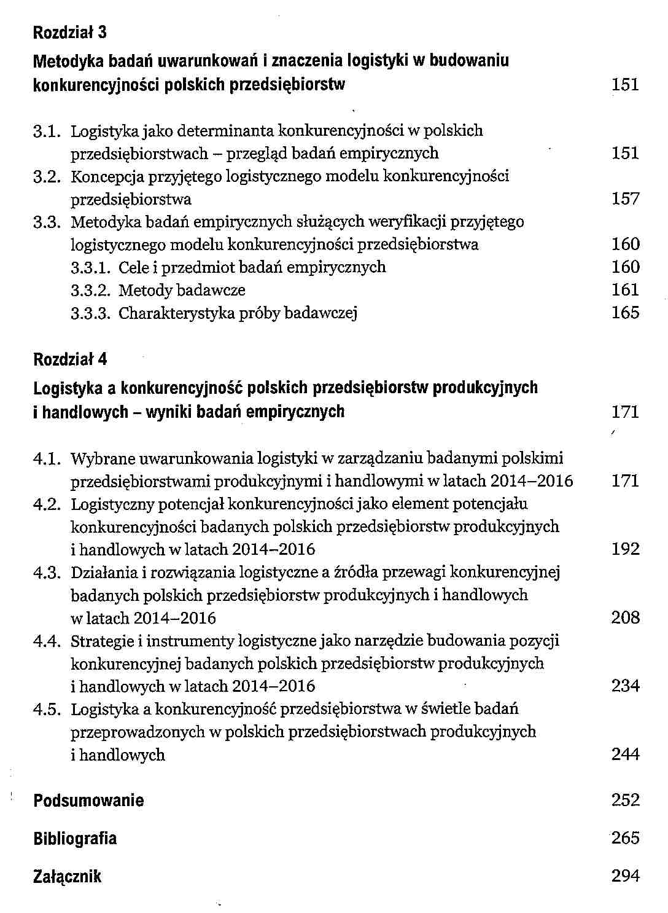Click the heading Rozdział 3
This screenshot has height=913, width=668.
pos(69,32)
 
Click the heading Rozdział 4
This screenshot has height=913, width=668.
pos(69,359)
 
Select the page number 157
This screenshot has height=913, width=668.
pos(625,198)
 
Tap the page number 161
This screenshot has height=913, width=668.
pos(625,289)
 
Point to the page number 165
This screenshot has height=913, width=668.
pos(625,312)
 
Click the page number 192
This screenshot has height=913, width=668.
pos(625,549)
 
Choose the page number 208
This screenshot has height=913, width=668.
pos(625,617)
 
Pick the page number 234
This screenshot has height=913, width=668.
pos(625,685)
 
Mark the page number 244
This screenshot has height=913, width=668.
pos(625,754)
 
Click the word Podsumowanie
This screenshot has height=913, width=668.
pos(88,801)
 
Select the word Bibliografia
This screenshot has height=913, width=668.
pos(74,839)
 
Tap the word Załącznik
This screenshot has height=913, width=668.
pos(67,877)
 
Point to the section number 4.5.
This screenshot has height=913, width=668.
pos(47,710)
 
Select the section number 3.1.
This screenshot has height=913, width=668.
pos(47,131)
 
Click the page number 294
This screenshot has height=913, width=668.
pos(625,876)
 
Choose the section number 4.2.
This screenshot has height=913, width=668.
pos(47,504)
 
